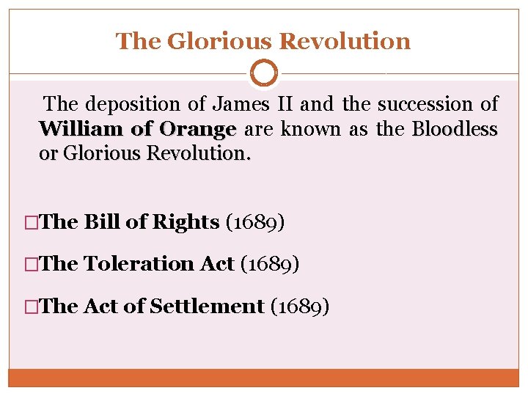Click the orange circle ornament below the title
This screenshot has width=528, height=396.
pos(264,73)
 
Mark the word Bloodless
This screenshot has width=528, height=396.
pos(455,130)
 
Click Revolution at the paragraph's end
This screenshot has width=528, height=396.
pos(199,155)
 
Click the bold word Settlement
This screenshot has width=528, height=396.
pos(206,306)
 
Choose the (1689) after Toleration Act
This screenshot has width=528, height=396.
pos(270,264)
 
